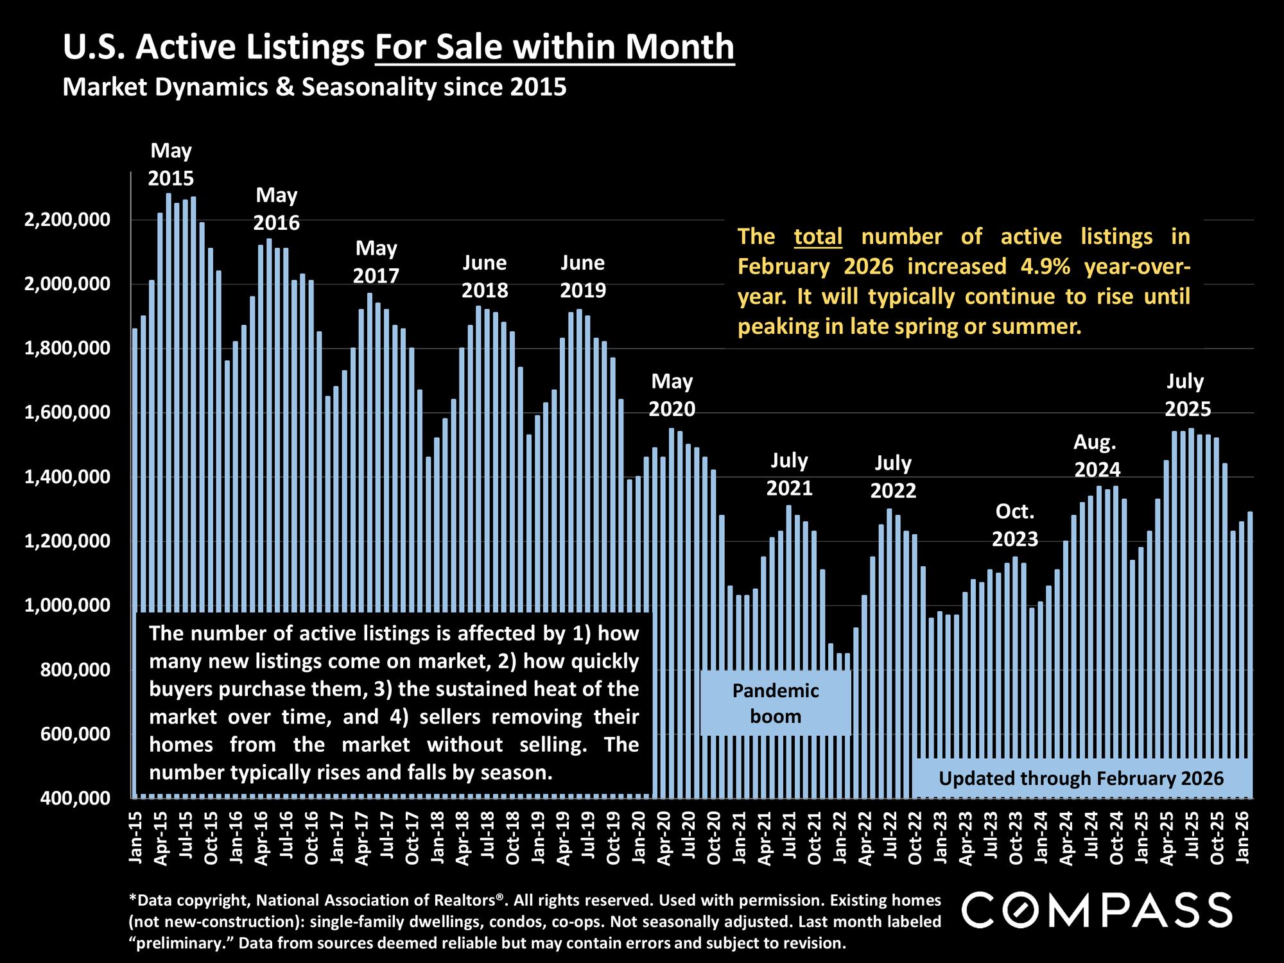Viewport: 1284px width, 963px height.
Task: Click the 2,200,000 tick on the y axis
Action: coord(67,220)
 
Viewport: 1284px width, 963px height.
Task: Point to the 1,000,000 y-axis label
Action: coord(67,605)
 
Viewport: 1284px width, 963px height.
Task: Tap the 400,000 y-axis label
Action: coord(67,798)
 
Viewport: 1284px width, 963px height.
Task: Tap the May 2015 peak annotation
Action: coord(171,164)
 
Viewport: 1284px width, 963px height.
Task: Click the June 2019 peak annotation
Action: coord(583,277)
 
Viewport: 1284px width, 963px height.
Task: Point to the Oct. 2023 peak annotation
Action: coord(1015,525)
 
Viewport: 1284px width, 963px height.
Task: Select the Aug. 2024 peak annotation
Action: coord(1097,456)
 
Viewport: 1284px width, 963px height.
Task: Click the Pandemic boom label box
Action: coord(776,703)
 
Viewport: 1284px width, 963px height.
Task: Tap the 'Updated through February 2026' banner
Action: coord(1081,779)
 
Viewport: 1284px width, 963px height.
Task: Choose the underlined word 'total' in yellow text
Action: coord(818,237)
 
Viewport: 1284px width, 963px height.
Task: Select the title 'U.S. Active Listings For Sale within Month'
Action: coord(398,48)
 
